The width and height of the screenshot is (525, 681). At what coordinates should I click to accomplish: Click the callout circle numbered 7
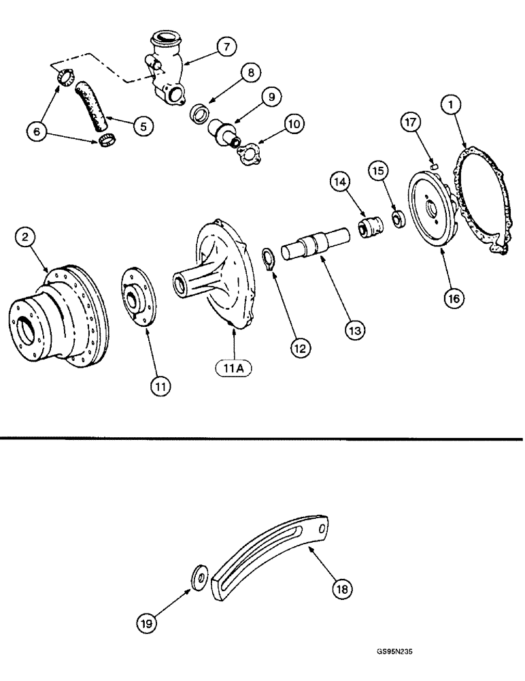click(x=226, y=47)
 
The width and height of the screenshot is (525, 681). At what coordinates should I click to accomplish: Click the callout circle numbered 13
click(x=354, y=329)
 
